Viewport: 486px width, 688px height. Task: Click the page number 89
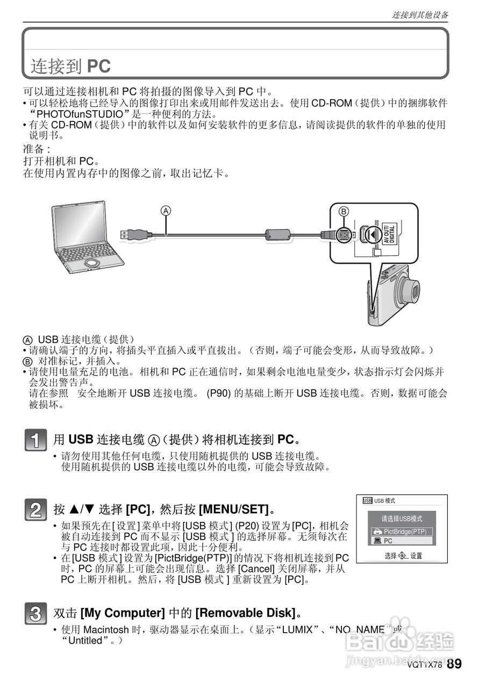pos(454,664)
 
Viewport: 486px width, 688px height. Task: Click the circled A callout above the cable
pos(167,211)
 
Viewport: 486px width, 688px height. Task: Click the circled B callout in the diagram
pos(344,212)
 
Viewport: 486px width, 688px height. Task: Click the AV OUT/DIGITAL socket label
pos(390,235)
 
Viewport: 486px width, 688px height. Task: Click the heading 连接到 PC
pos(70,66)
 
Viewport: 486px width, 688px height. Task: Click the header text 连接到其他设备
pos(419,15)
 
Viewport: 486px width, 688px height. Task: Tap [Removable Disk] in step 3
pos(245,613)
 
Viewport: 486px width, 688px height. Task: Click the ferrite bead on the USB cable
pos(278,234)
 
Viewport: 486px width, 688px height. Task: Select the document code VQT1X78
pos(425,665)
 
